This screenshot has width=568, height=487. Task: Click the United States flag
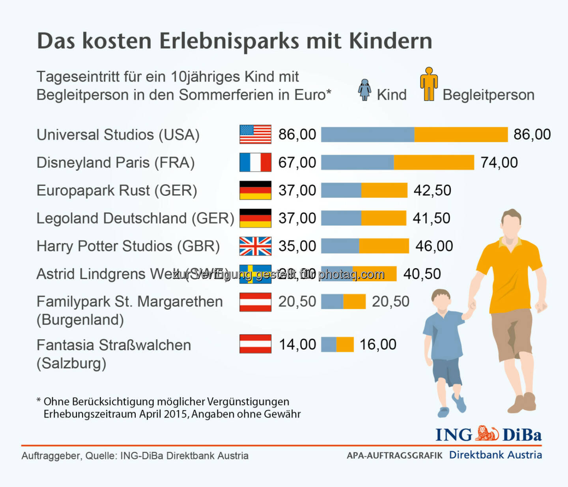tap(255, 134)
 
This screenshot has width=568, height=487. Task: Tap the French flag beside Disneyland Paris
tap(255, 162)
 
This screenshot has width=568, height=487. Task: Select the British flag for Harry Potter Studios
tap(255, 246)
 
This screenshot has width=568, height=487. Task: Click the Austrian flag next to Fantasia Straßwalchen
tap(255, 344)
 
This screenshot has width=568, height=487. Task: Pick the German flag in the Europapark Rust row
tap(255, 190)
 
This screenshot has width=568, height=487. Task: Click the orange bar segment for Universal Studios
tap(461, 134)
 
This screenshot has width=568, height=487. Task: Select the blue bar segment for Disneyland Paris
tap(357, 162)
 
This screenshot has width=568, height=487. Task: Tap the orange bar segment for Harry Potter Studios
tap(384, 246)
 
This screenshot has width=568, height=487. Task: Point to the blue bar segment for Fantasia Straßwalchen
tap(329, 344)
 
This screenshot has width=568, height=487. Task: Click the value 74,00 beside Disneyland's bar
tap(499, 162)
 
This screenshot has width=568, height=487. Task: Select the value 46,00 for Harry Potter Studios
tap(434, 246)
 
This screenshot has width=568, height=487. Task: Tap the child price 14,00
tap(297, 344)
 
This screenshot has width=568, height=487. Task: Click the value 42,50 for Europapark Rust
tap(432, 190)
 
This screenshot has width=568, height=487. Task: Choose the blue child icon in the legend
tap(364, 90)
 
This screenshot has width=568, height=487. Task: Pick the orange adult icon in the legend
tap(429, 84)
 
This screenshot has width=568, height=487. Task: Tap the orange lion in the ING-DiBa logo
tap(487, 433)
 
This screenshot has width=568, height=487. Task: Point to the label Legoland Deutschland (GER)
tap(135, 218)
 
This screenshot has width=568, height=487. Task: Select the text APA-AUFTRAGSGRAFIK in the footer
tap(394, 455)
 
